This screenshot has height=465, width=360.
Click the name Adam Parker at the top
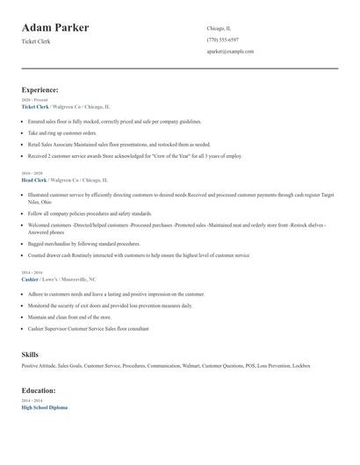coord(55,28)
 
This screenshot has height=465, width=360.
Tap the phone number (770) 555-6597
coord(222,39)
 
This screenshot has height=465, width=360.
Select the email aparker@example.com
coord(230,51)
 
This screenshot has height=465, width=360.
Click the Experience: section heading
coord(40,89)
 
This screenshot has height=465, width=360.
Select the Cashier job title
coord(31,279)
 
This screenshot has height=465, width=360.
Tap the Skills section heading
coord(30,354)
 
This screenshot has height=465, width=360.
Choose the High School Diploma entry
coord(44,407)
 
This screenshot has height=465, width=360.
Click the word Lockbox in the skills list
coord(301,366)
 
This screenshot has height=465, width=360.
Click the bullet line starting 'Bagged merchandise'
coord(83,244)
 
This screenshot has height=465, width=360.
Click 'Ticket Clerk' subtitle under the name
coord(36,41)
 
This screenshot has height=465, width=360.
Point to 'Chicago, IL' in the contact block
coord(219,28)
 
